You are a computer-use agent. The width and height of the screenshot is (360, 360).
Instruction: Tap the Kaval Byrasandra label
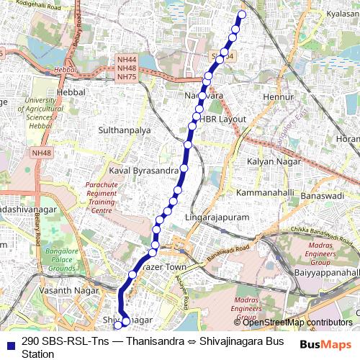pyautogui.click(x=144, y=170)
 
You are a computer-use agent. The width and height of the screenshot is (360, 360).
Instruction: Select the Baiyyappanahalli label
pyautogui.click(x=327, y=273)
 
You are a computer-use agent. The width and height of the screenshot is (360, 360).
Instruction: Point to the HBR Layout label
pyautogui.click(x=223, y=118)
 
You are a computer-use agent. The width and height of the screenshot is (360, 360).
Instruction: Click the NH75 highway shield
pyautogui.click(x=127, y=76)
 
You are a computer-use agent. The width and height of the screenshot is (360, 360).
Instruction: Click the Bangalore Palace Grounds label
pyautogui.click(x=62, y=257)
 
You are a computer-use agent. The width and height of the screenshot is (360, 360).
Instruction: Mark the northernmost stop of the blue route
pyautogui.click(x=241, y=14)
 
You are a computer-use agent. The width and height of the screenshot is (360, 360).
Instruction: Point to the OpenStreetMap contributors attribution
pyautogui.click(x=297, y=322)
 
